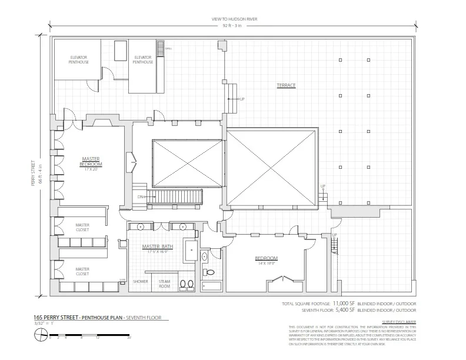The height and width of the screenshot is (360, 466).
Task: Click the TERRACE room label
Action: (286, 86)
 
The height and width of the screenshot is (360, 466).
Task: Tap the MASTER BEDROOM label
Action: (91, 162)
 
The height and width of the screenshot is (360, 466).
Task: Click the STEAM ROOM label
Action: (164, 284)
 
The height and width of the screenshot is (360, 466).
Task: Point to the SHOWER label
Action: (139, 281)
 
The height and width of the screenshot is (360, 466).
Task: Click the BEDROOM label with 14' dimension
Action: (266, 259)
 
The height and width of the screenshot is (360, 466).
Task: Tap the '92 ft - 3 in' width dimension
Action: (233, 25)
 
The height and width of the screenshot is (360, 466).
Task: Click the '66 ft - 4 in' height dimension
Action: (41, 175)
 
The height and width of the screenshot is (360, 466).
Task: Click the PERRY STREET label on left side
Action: (34, 175)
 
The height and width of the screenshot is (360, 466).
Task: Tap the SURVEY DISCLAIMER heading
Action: (398, 322)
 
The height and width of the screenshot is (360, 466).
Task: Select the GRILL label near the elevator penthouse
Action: (168, 48)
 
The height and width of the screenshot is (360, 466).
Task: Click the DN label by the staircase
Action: (141, 196)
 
